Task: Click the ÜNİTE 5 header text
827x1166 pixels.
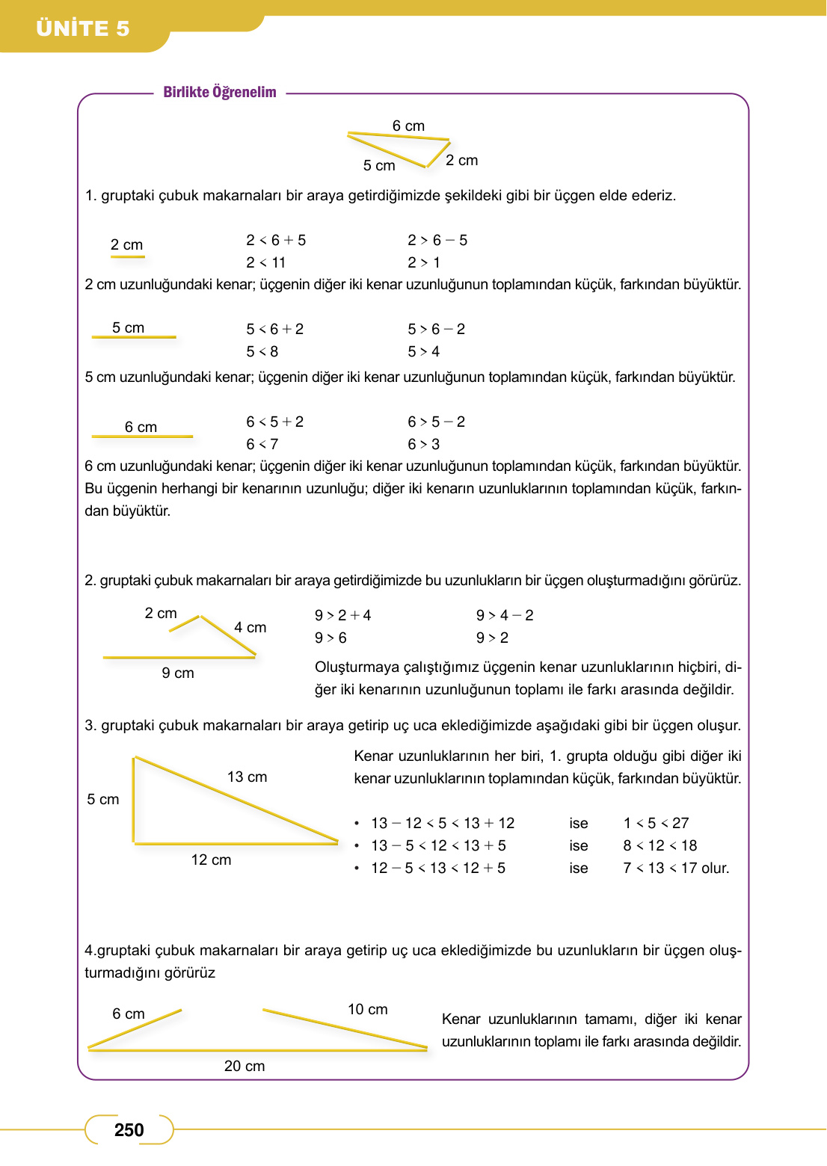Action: coord(82,28)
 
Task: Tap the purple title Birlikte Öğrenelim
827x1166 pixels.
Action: coord(220,92)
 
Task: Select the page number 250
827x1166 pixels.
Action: coord(129,1129)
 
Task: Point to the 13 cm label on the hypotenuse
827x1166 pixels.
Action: coord(247,777)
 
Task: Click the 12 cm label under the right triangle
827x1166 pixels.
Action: coord(211,860)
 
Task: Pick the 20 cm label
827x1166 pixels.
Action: coord(245,1066)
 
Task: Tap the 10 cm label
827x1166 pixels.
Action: coord(367,1009)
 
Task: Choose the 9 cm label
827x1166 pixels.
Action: coord(178,673)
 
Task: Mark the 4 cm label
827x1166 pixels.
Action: coord(250,627)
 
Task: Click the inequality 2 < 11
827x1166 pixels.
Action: coord(265,262)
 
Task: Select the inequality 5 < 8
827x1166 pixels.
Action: coord(262,351)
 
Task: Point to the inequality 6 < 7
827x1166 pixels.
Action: coord(262,444)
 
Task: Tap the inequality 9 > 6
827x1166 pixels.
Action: coord(331,638)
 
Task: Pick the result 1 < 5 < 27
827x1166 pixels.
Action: coord(656,823)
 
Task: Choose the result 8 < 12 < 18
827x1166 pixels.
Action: coord(660,845)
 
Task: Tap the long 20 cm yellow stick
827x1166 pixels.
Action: coord(257,1049)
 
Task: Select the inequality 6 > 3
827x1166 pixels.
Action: coord(423,444)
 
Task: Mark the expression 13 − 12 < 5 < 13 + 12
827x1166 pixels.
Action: coord(443,823)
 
